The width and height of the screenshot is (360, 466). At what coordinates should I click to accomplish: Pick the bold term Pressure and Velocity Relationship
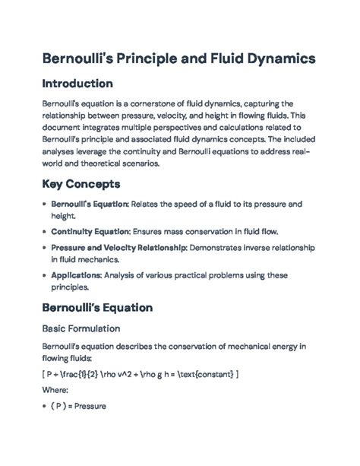[118, 248]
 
